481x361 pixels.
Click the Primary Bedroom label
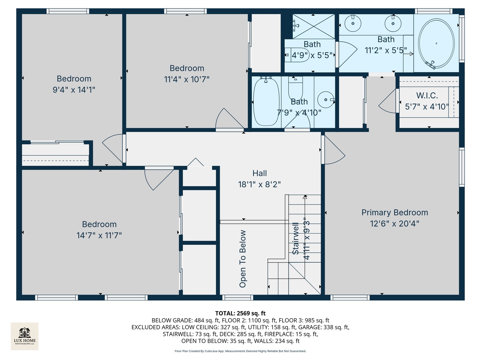point(394,213)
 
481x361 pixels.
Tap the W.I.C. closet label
point(427,96)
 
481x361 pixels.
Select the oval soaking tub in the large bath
point(436,43)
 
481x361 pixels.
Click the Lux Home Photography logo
point(25,336)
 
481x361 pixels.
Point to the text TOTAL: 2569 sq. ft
point(240,313)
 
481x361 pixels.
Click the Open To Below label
point(243,259)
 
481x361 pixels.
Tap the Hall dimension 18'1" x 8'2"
point(259,184)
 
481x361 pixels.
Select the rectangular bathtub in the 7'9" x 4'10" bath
point(266,101)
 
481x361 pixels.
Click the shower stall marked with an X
point(313,26)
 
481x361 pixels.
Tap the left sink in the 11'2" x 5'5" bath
point(353,23)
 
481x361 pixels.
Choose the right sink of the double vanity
point(393,23)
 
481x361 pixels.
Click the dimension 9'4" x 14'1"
point(74,90)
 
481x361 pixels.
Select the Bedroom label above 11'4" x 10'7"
point(187,68)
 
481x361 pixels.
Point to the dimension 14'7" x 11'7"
point(99,235)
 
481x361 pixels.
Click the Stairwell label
point(296,239)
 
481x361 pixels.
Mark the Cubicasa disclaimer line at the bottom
point(240,351)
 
